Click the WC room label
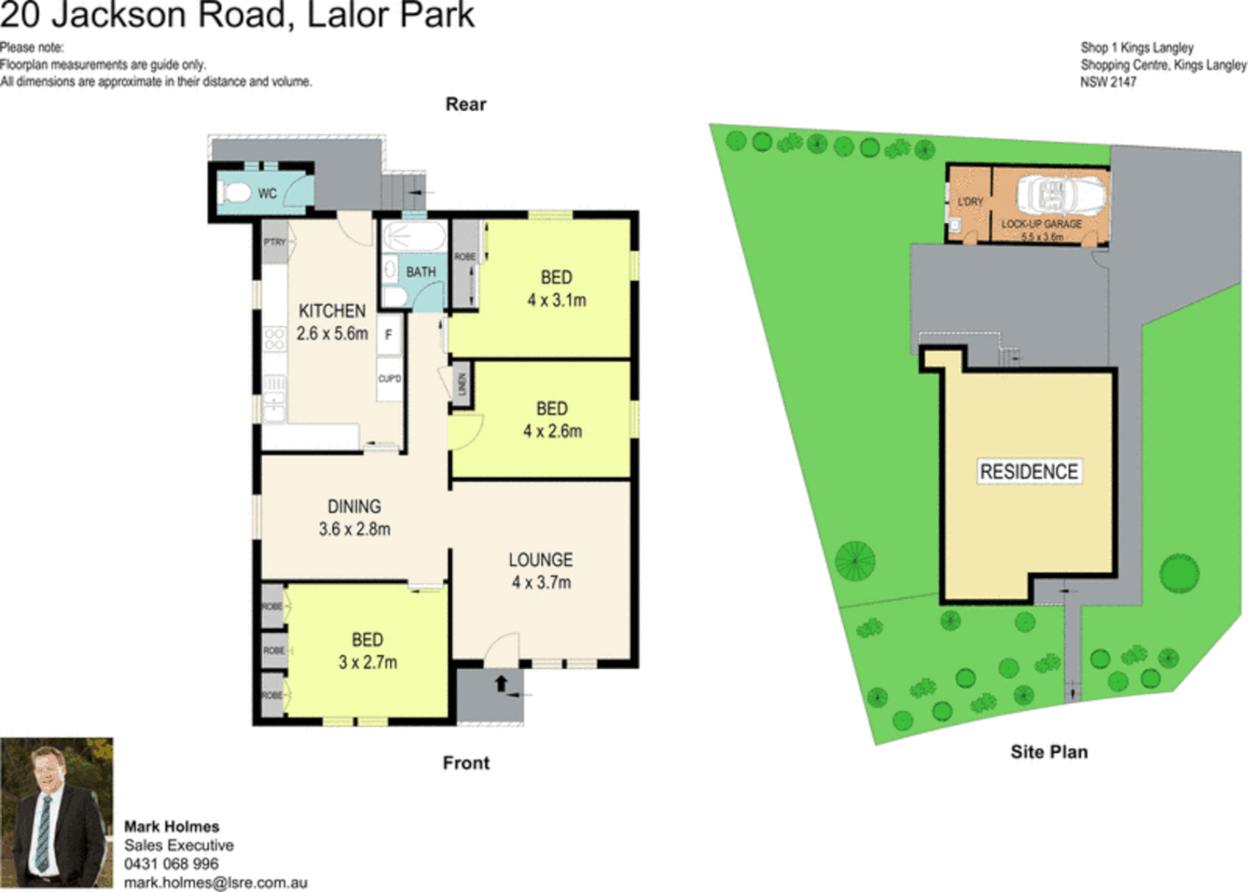click(x=267, y=194)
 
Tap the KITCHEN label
click(x=331, y=311)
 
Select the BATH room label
click(x=420, y=272)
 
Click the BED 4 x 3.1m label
click(x=556, y=289)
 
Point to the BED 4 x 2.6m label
click(x=552, y=420)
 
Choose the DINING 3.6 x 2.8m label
click(x=355, y=518)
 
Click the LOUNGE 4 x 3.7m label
click(x=541, y=571)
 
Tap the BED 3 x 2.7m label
click(x=367, y=651)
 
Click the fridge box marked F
click(x=388, y=334)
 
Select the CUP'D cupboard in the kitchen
click(x=389, y=379)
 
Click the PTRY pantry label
click(x=274, y=242)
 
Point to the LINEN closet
click(x=462, y=384)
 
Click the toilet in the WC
click(x=236, y=194)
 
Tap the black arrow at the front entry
click(x=501, y=684)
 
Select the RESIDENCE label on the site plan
click(x=1029, y=472)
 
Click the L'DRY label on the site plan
click(x=970, y=202)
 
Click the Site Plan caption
click(x=1049, y=752)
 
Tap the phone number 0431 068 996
click(x=171, y=864)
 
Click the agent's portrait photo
click(x=56, y=813)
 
